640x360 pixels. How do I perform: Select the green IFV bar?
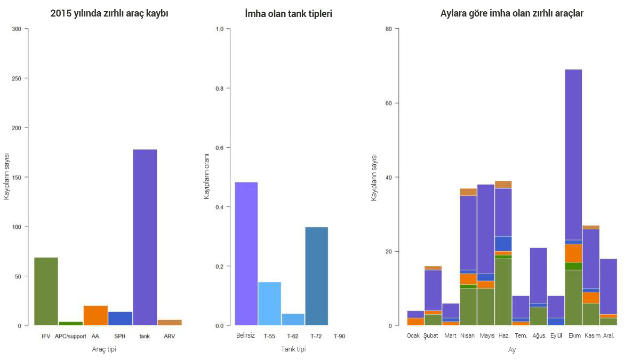[x=46, y=291]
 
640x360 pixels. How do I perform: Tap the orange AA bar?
[x=95, y=315]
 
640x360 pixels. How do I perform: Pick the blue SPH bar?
[x=120, y=318]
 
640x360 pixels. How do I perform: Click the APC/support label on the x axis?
[x=70, y=337]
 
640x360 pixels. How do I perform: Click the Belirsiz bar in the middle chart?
[x=246, y=254]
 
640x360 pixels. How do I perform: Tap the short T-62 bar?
[x=293, y=319]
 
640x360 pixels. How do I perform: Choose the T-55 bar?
[x=269, y=303]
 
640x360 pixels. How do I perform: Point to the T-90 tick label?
[x=340, y=337]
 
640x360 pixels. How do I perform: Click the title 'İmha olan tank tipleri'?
[x=288, y=14]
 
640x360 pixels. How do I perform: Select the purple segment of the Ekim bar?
[x=573, y=155]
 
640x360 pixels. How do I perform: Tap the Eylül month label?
[x=556, y=335]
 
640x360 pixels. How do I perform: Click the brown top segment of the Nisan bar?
[x=468, y=192]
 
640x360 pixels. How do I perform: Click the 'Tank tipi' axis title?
[x=293, y=349]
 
